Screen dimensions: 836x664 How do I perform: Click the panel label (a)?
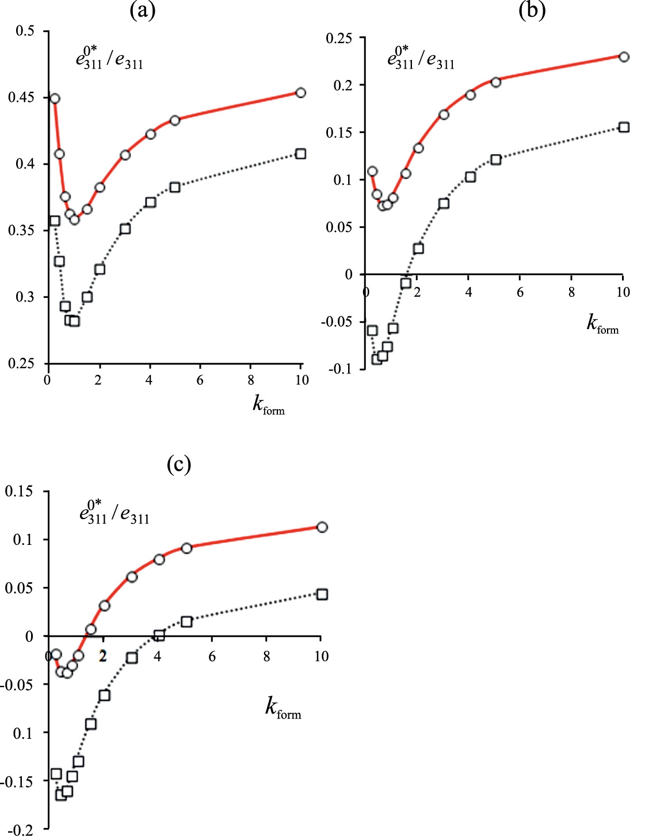pyautogui.click(x=142, y=11)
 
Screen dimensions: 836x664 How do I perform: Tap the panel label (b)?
pyautogui.click(x=532, y=10)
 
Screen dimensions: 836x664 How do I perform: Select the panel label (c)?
pyautogui.click(x=178, y=464)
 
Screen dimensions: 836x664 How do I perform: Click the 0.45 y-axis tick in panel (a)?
pyautogui.click(x=21, y=98)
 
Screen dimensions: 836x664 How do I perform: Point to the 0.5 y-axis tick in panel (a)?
pyautogui.click(x=25, y=31)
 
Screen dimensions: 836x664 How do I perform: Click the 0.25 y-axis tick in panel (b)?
pyautogui.click(x=338, y=39)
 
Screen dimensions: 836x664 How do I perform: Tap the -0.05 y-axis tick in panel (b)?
pyautogui.click(x=336, y=322)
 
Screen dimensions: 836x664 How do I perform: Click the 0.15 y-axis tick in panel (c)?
pyautogui.click(x=19, y=491)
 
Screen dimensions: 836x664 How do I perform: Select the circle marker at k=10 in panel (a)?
pyautogui.click(x=300, y=93)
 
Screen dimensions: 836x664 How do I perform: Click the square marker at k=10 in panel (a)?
pyautogui.click(x=300, y=154)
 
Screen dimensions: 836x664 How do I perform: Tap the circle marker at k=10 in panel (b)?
pyautogui.click(x=624, y=57)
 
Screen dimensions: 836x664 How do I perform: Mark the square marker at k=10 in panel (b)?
pyautogui.click(x=624, y=127)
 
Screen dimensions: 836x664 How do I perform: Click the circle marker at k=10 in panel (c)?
pyautogui.click(x=322, y=527)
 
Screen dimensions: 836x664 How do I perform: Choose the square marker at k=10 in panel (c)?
pyautogui.click(x=322, y=594)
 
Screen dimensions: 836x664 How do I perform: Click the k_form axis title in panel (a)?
pyautogui.click(x=268, y=405)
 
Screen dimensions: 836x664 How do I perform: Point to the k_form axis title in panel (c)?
pyautogui.click(x=283, y=707)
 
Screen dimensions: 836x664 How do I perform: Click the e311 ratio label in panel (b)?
pyautogui.click(x=421, y=59)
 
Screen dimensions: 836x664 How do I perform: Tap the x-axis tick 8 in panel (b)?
pyautogui.click(x=571, y=292)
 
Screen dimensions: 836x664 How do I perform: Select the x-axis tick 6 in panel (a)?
pyautogui.click(x=200, y=380)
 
